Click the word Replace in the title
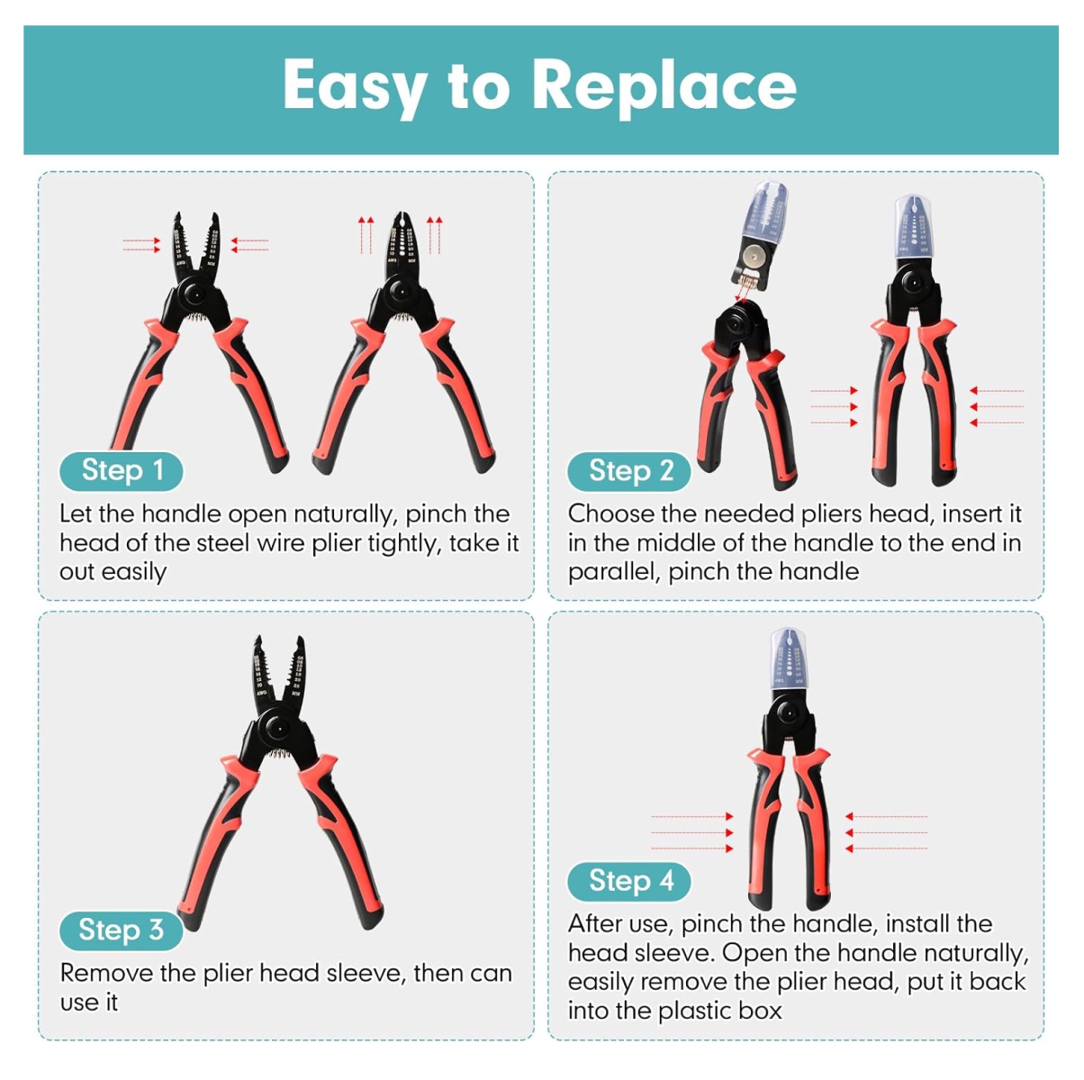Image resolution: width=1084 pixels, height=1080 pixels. pos(664,86)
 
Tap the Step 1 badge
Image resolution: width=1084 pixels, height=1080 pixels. pos(122,470)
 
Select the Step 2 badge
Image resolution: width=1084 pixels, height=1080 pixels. pos(629,471)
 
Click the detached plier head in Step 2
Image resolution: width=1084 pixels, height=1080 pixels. pos(759,235)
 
